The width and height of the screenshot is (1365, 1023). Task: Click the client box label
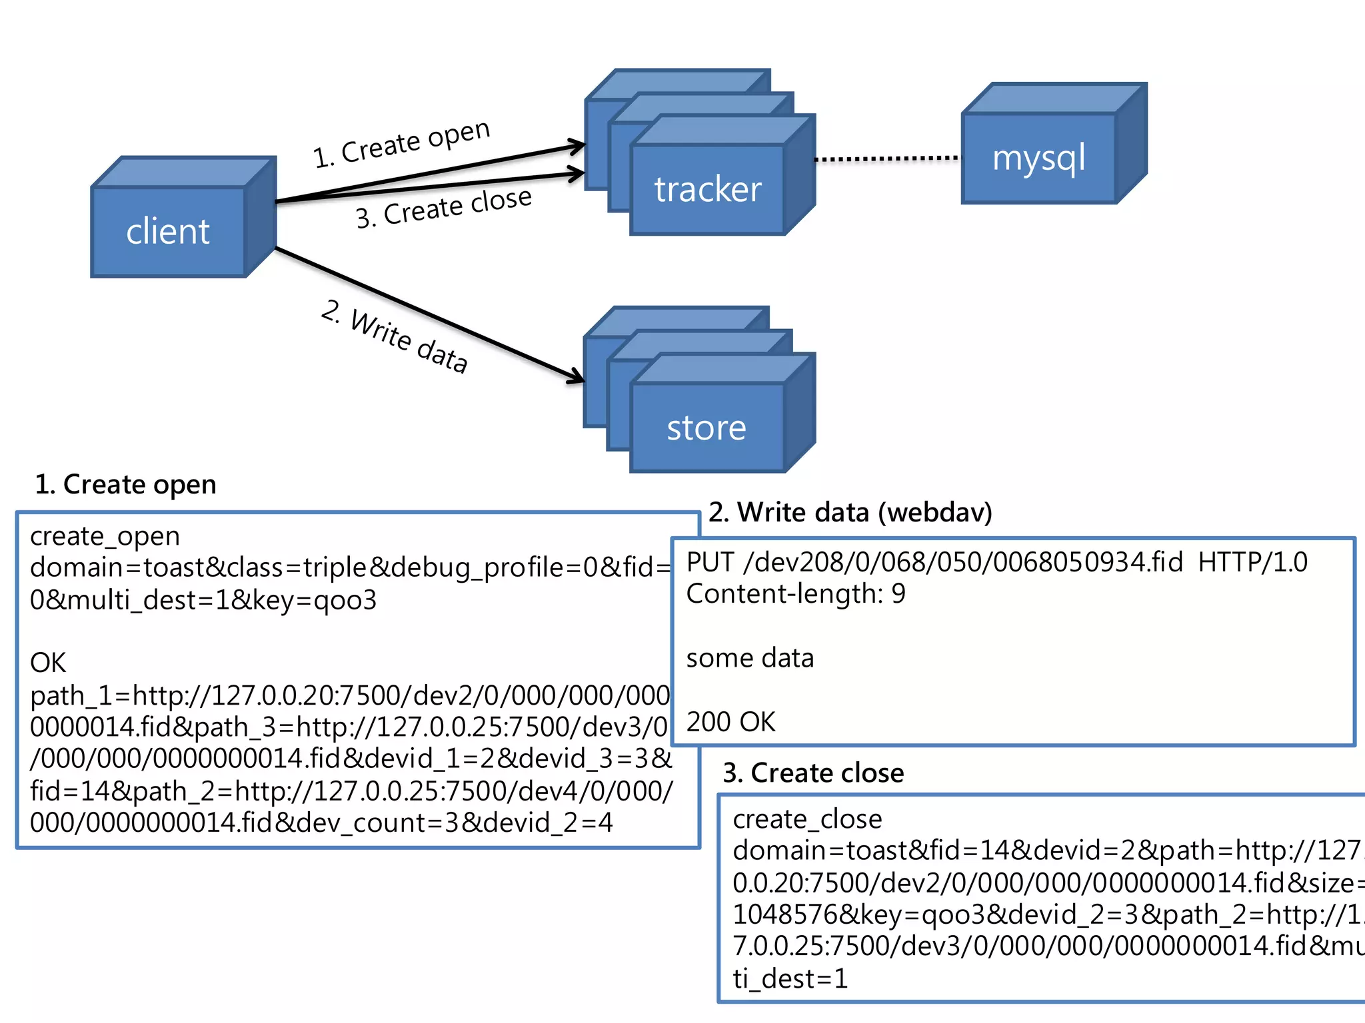(x=168, y=232)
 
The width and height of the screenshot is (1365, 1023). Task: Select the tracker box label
(x=707, y=190)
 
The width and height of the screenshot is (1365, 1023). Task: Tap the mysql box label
(x=1038, y=159)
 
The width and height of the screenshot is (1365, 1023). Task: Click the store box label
(x=706, y=428)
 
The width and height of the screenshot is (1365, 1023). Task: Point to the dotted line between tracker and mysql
(x=888, y=159)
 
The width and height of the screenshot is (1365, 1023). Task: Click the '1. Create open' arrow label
(x=402, y=143)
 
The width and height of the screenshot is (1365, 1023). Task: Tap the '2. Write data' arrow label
(x=395, y=336)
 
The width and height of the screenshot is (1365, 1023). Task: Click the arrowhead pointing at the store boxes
(x=577, y=378)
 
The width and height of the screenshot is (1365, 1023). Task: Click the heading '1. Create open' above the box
(x=125, y=484)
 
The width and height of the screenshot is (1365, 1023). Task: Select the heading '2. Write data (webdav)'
(x=850, y=512)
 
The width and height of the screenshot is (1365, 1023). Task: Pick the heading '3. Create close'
(x=813, y=773)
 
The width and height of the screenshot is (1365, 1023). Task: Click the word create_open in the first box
(x=105, y=536)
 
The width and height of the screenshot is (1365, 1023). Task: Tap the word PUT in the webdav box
(x=710, y=563)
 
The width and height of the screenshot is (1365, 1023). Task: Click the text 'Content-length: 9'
(x=796, y=594)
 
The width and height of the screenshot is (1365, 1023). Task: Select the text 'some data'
(x=750, y=658)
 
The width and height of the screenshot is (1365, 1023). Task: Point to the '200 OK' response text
(x=730, y=722)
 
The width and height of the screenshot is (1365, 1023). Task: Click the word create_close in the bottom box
(x=807, y=819)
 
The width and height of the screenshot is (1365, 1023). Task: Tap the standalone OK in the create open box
(x=48, y=663)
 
